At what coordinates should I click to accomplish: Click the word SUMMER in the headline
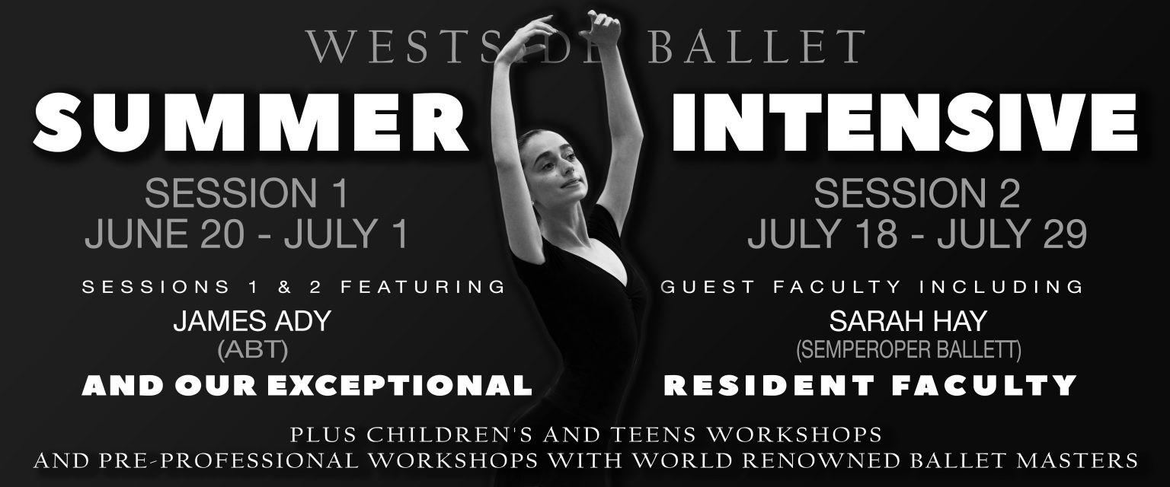tap(250, 123)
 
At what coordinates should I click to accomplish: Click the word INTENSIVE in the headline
tap(904, 123)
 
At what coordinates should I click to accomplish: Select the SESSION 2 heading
tap(916, 193)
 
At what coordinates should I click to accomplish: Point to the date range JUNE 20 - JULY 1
tap(247, 233)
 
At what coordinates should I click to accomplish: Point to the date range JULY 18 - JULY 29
tap(917, 233)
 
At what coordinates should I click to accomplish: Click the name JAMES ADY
tap(252, 321)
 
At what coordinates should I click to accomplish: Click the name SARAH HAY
tap(908, 321)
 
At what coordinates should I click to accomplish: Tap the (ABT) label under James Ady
tap(253, 350)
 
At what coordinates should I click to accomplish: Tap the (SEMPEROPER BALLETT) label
tap(908, 350)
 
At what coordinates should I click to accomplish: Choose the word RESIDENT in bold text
tap(769, 386)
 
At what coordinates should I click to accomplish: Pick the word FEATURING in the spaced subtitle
tap(423, 287)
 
